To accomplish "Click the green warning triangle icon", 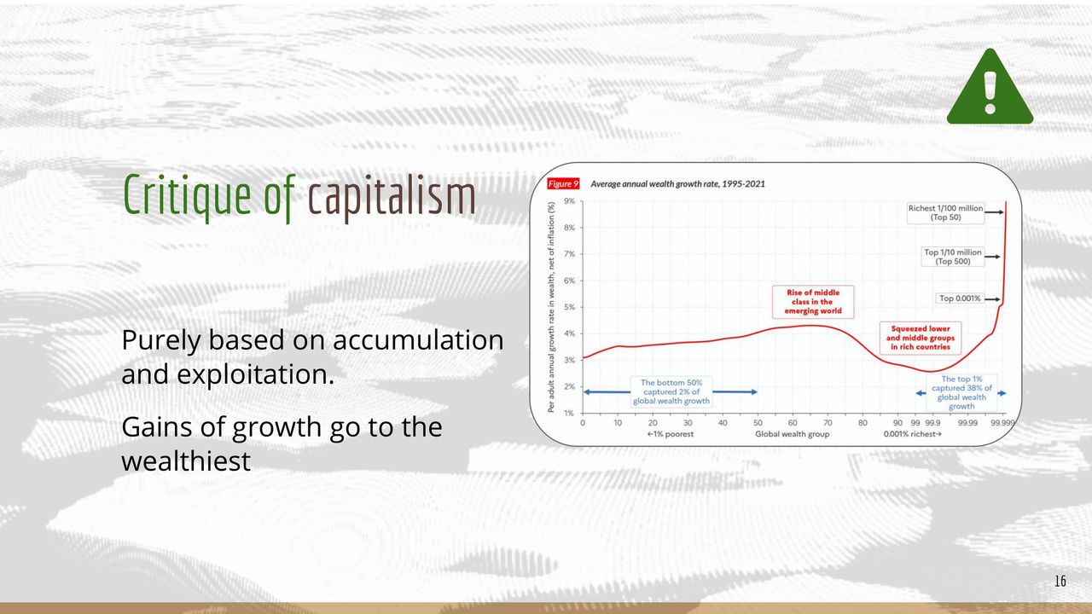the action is [990, 87].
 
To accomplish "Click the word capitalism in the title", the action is [392, 196].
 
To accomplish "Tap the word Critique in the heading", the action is [187, 196].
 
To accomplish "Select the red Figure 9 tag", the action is [563, 183].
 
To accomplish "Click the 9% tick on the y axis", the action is [569, 201].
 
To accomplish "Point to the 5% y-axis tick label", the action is [569, 308].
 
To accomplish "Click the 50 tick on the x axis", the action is [758, 423].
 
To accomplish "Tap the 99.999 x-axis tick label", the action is [1002, 423].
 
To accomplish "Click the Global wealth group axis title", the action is [793, 434].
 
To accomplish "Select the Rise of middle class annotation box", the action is [813, 302].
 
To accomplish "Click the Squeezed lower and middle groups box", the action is [921, 338].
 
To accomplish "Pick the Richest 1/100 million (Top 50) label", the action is [945, 213].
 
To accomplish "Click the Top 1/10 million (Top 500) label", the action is [953, 257].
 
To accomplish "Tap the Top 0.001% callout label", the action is [960, 298].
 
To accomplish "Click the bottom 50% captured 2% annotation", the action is [671, 391].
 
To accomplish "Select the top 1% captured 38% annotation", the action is [961, 393].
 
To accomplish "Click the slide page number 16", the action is [1060, 581].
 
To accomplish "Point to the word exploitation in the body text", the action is [255, 375].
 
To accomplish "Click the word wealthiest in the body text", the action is [186, 460].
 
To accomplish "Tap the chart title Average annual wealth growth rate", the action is [677, 184].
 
